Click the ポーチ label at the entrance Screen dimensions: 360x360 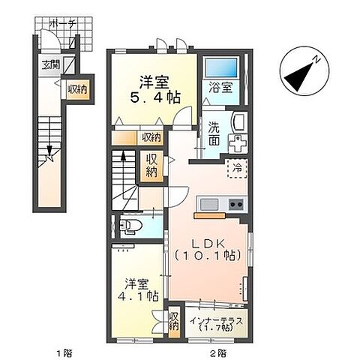tap(61, 24)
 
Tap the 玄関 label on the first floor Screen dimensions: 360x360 tap(47, 64)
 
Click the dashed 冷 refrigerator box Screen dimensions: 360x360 tap(238, 169)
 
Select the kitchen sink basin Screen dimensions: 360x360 tap(208, 205)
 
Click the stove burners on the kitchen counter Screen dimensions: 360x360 tap(236, 205)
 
